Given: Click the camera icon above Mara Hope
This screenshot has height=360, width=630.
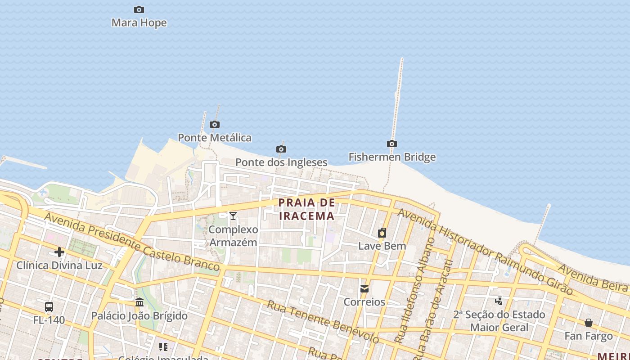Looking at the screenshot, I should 139,9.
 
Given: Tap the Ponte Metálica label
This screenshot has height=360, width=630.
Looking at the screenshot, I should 215,138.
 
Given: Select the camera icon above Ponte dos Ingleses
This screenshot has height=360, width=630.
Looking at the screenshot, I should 281,149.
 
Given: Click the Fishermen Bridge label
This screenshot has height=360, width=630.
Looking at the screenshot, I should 392,157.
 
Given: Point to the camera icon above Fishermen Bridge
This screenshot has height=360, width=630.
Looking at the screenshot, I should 392,144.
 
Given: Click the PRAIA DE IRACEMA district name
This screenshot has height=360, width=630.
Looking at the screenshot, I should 307,209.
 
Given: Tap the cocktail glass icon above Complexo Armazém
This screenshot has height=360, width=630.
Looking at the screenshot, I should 233,216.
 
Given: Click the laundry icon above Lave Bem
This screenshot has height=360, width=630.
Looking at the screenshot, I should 382,233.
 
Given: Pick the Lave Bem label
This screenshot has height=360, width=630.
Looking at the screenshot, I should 382,246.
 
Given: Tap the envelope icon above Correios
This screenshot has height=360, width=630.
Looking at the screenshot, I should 364,288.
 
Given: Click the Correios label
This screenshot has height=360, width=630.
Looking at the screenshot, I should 364,302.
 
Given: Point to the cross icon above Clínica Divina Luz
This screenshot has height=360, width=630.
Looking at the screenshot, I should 59,252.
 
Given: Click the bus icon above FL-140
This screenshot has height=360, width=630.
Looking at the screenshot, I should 49,307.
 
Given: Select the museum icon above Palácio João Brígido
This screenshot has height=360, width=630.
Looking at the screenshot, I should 139,302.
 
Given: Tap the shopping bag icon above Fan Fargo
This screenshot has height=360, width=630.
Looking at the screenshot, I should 589,323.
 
